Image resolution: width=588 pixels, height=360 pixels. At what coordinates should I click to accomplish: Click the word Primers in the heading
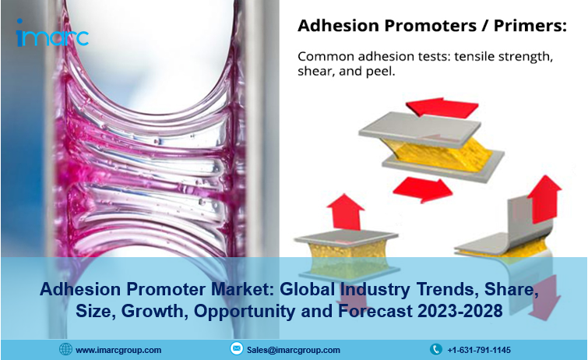click(530, 26)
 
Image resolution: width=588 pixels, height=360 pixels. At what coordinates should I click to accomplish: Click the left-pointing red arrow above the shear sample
click(442, 107)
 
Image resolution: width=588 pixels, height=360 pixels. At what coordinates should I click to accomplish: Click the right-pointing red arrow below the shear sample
click(423, 189)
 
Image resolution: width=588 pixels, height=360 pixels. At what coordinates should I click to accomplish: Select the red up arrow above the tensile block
click(345, 212)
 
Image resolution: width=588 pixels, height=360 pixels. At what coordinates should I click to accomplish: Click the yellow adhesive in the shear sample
click(437, 152)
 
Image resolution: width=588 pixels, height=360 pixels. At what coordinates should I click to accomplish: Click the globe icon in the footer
click(65, 350)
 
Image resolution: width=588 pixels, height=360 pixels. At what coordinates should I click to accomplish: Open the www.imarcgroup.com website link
click(118, 350)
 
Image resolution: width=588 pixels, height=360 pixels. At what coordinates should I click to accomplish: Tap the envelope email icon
click(236, 349)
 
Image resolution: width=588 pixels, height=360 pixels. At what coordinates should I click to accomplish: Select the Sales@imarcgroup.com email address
click(294, 350)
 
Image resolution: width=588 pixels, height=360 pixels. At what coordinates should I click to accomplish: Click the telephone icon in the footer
click(436, 350)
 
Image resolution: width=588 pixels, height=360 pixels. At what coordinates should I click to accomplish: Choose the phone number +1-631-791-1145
click(479, 350)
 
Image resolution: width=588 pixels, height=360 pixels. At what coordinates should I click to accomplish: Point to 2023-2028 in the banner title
click(459, 311)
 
